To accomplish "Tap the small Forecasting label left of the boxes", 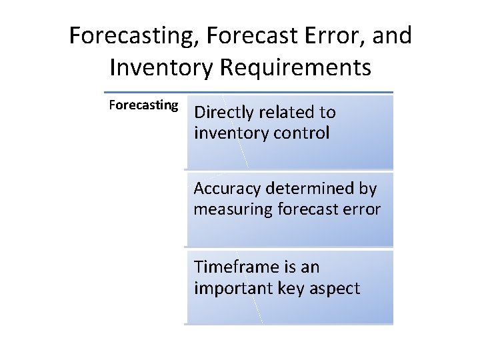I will click(x=143, y=105).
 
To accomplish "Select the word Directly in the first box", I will click(x=222, y=113).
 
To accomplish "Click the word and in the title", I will click(x=393, y=35).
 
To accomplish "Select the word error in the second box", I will click(x=363, y=210).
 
